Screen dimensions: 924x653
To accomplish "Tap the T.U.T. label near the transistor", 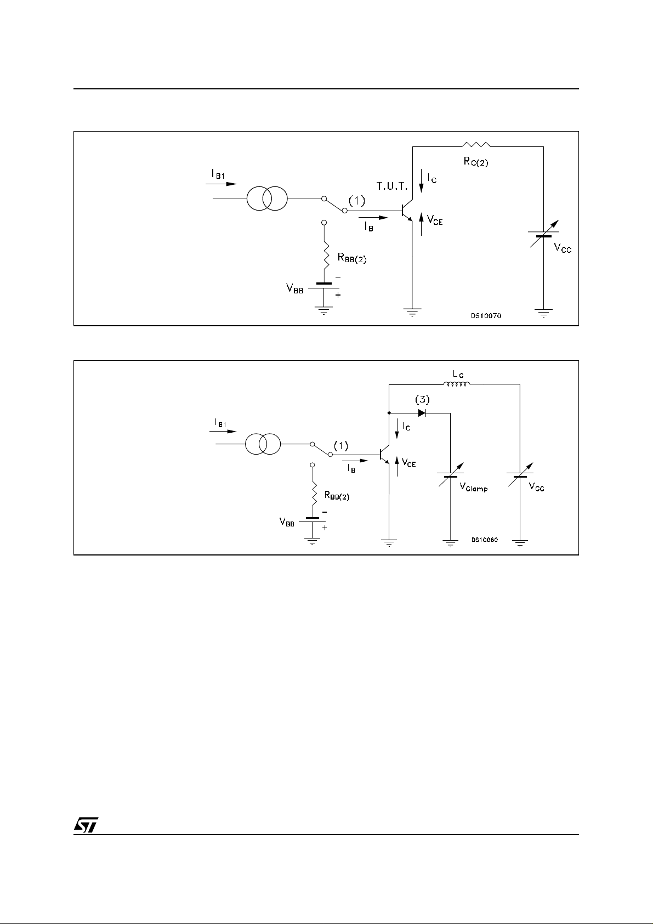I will coord(392,186).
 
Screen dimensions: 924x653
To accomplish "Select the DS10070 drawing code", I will coord(485,316).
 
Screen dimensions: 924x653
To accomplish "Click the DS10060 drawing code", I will coord(484,540).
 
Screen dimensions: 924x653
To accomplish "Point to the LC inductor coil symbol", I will coord(456,384).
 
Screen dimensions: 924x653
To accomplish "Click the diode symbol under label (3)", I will coord(422,413).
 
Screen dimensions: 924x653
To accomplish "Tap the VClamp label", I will coord(473,487).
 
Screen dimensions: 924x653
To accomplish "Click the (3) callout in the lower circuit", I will coord(422,399).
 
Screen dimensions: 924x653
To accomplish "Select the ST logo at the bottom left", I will coord(86,826).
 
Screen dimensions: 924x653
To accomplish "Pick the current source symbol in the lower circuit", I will coord(263,444).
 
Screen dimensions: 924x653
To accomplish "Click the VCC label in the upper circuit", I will coord(563,247).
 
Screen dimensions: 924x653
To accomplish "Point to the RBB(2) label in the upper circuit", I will coord(351,258).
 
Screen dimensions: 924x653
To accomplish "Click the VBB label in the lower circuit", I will coord(287,523).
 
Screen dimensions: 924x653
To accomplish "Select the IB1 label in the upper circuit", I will coord(218,173).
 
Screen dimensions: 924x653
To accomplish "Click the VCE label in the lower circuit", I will coord(409,463).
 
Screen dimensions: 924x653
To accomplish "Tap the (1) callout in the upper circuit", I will coord(357,201).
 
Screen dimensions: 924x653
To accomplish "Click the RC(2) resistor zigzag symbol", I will coord(476,145).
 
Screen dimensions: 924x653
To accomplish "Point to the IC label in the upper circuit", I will coord(431,179).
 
